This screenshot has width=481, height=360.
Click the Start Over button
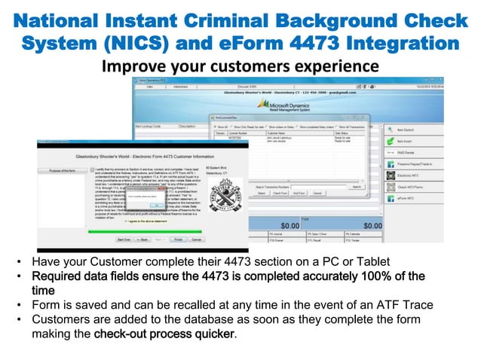pyautogui.click(x=124, y=239)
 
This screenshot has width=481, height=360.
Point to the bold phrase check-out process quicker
pyautogui.click(x=177, y=333)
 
